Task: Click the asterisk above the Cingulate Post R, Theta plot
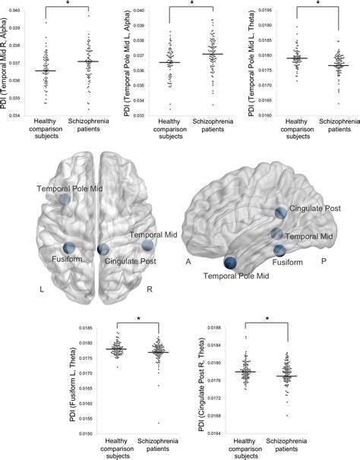pos(268,319)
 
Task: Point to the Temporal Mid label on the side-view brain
pos(311,237)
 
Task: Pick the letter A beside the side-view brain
pos(188,260)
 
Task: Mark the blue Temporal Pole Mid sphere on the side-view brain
pos(230,263)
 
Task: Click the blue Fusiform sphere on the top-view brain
pos(69,247)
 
